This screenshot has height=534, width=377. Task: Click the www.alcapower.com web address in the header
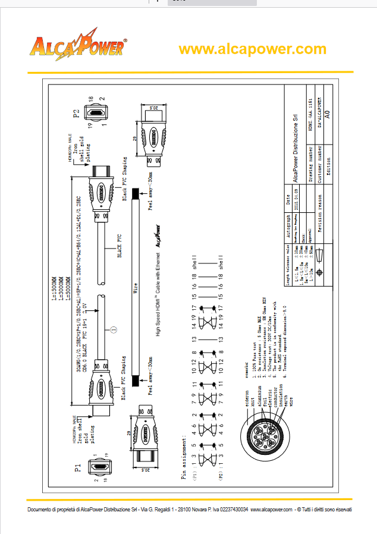click(252, 49)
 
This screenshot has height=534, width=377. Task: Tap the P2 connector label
click(76, 113)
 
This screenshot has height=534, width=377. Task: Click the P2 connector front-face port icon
click(95, 112)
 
